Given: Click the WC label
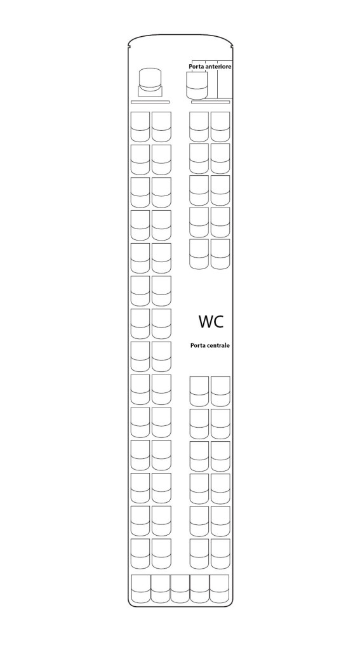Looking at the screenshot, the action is (211, 321).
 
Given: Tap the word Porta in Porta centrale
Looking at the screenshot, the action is (197, 345).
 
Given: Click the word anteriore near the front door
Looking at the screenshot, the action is (218, 66).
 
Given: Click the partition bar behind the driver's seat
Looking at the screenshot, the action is (150, 102).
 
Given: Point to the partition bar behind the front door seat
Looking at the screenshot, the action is (210, 102).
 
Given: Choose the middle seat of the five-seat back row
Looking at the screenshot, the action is (180, 588).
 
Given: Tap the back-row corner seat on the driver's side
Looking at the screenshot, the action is (141, 588).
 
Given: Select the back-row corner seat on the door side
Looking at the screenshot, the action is (220, 588).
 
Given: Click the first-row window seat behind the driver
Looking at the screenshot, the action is (140, 127).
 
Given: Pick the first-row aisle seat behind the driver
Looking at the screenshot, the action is (161, 127).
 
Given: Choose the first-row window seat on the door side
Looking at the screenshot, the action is (220, 127).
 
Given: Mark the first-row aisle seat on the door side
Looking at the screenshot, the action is (199, 127).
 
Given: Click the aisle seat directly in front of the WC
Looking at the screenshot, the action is (199, 254).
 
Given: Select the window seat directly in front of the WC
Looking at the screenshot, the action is (220, 254).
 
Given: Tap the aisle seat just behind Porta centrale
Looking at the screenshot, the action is (199, 391).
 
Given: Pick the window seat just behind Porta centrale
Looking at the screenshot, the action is (221, 391).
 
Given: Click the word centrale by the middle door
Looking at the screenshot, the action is (218, 345).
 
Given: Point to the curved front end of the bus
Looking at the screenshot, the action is (181, 35).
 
